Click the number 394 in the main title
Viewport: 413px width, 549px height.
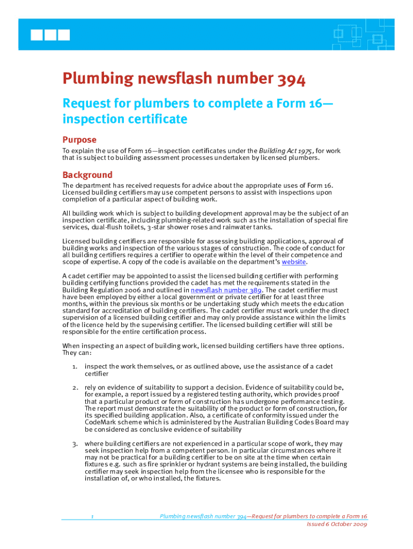click(292, 79)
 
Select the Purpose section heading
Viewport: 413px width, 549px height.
click(79, 139)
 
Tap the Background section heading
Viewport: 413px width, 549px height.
click(87, 175)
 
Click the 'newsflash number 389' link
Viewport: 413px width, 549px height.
click(226, 290)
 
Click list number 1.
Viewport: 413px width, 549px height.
click(76, 366)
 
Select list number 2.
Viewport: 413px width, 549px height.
click(76, 387)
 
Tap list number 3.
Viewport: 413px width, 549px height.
click(76, 443)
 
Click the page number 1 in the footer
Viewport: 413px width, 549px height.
click(92, 516)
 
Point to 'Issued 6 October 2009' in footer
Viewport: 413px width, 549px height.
click(337, 524)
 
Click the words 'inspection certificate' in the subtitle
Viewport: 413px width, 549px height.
click(124, 118)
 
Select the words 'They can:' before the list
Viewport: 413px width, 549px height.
click(77, 353)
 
